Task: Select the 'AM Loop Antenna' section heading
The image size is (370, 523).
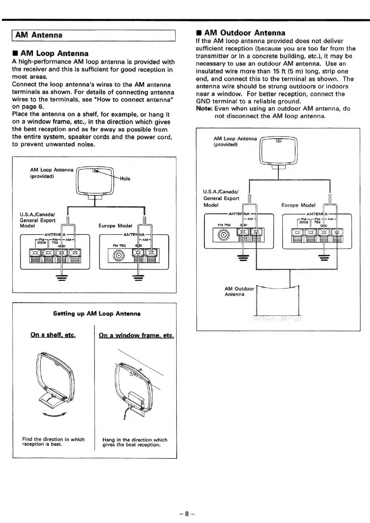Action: point(54,53)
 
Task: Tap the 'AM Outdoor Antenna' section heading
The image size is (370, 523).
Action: point(244,33)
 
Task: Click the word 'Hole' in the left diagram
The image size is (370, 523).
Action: point(125,178)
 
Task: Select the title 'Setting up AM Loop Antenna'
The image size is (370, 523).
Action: point(97,314)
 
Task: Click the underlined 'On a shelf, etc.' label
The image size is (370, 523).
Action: point(53,335)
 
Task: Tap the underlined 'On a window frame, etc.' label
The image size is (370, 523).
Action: point(136,335)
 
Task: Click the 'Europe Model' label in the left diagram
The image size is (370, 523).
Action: point(115,226)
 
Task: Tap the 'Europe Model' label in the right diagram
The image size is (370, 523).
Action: point(298,205)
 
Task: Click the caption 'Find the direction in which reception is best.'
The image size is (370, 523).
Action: point(53,442)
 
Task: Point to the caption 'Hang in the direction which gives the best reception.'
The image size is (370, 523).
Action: point(135,442)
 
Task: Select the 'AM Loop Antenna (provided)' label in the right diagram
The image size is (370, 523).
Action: point(235,141)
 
